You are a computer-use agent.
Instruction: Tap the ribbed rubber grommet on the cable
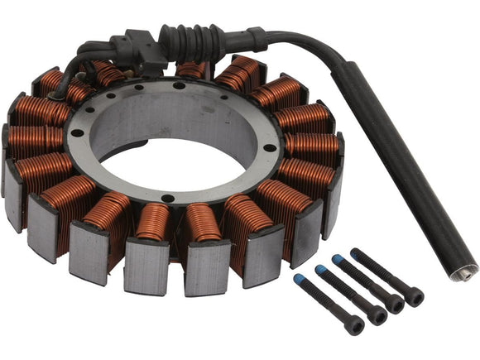[195, 39]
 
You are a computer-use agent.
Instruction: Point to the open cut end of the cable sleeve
[468, 270]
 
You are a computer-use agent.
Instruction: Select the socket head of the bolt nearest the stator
[355, 325]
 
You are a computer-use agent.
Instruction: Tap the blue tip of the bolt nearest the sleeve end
[357, 252]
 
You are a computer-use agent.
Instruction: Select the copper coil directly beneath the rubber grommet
[191, 70]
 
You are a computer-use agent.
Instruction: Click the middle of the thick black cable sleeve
[397, 166]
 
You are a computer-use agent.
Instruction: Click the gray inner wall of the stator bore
[166, 124]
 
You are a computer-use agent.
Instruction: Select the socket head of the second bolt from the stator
[375, 316]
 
